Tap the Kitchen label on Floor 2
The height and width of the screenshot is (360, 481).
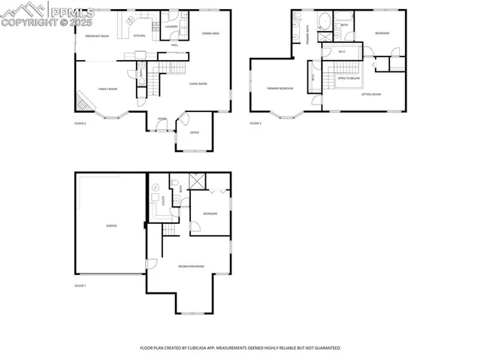click(139, 36)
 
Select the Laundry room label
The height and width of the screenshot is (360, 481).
click(171, 27)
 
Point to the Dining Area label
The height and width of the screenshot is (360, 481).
click(210, 33)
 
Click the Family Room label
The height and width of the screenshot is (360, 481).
click(108, 89)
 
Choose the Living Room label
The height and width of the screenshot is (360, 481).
click(198, 83)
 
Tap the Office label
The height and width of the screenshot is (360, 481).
click(194, 133)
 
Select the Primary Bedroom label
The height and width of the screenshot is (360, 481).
click(280, 89)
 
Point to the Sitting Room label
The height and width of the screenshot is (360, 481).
click(371, 94)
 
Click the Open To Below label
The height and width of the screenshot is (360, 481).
click(349, 78)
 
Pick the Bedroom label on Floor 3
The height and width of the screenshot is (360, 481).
click(383, 33)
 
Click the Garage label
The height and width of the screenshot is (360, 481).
click(111, 225)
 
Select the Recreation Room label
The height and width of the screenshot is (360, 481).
click(189, 267)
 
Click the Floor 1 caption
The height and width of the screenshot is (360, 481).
click(80, 286)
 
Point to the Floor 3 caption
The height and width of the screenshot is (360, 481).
click(256, 123)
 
